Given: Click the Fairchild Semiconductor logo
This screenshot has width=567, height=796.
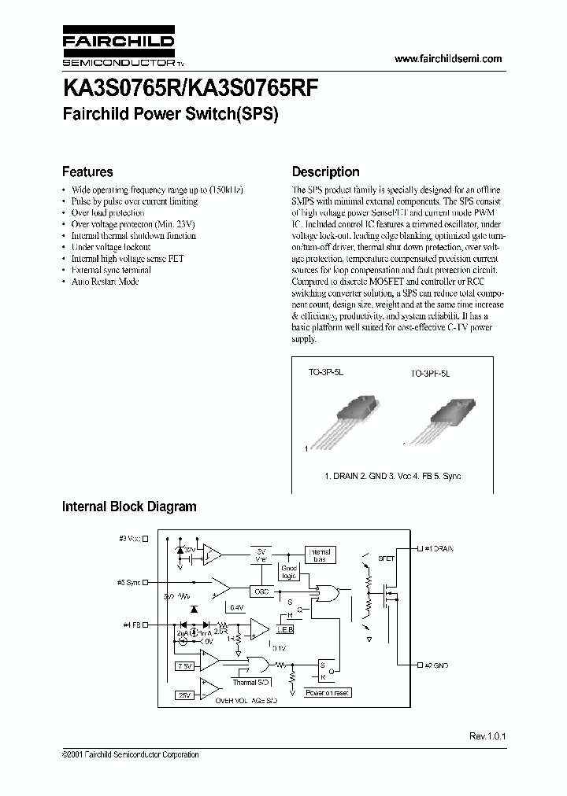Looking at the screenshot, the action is pyautogui.click(x=118, y=48).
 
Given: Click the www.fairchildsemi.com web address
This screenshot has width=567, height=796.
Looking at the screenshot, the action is pyautogui.click(x=447, y=59).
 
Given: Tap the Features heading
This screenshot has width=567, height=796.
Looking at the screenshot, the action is pyautogui.click(x=87, y=171).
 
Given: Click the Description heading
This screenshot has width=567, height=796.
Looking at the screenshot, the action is pyautogui.click(x=325, y=171).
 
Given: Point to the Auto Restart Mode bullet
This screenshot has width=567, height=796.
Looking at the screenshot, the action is pyautogui.click(x=105, y=281).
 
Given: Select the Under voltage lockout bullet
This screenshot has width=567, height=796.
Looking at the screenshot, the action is pyautogui.click(x=110, y=247).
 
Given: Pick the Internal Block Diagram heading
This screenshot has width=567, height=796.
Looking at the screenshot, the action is pyautogui.click(x=129, y=507).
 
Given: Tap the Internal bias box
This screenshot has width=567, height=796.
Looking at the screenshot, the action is pyautogui.click(x=319, y=555).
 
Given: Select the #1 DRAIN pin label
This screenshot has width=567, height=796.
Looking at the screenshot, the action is pyautogui.click(x=439, y=547).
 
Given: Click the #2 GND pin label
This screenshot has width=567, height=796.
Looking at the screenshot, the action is pyautogui.click(x=435, y=665).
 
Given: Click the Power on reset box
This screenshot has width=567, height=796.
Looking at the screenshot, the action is pyautogui.click(x=328, y=693).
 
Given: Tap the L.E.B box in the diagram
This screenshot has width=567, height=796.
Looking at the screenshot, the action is pyautogui.click(x=284, y=630).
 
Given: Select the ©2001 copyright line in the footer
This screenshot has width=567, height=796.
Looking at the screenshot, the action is pyautogui.click(x=130, y=755).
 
